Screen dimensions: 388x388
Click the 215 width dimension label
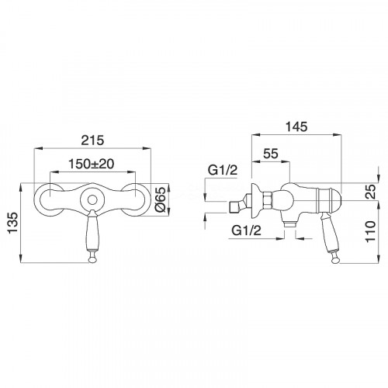click(92, 140)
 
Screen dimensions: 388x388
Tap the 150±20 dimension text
click(91, 164)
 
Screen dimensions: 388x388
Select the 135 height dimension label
click(12, 223)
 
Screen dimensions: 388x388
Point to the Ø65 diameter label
click(161, 199)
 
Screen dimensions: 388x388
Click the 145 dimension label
click(296, 126)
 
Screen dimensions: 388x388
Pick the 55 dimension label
click(271, 154)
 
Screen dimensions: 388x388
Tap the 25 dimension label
click(371, 191)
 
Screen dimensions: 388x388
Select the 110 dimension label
click(370, 230)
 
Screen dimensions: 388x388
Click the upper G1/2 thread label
click(223, 170)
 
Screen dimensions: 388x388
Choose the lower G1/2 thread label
click(247, 230)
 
